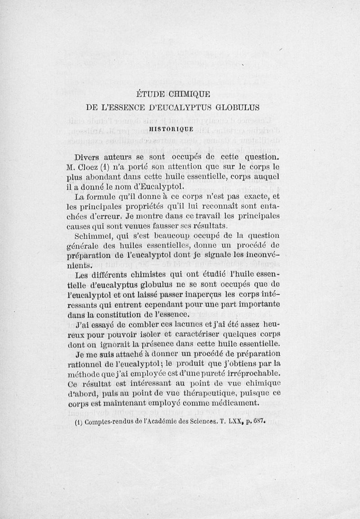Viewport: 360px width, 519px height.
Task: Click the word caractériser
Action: pos(203,334)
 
